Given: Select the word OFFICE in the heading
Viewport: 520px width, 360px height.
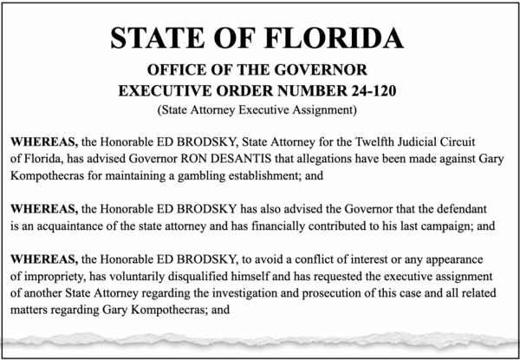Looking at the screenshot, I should (x=176, y=69).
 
